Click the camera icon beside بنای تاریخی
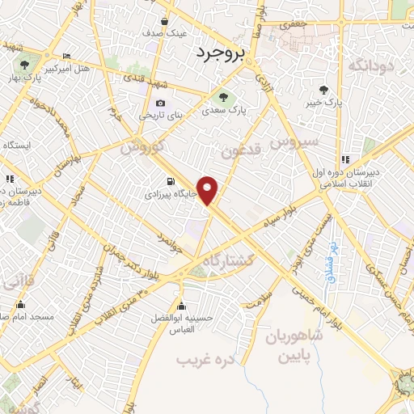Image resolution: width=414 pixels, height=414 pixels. [160, 103]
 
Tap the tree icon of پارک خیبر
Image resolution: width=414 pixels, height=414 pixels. [324, 89]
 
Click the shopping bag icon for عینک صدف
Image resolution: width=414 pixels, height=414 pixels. [164, 22]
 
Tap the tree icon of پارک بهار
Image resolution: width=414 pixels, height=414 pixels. [23, 62]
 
